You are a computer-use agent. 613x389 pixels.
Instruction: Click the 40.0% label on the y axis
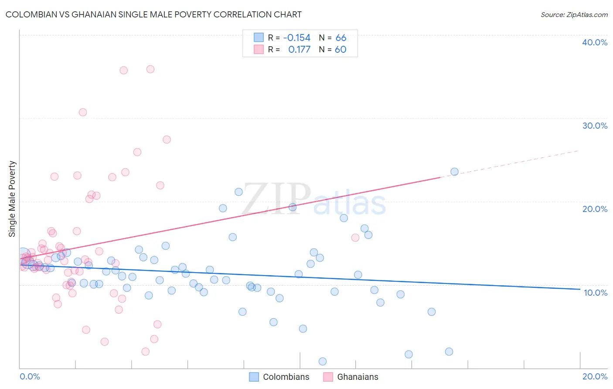595,42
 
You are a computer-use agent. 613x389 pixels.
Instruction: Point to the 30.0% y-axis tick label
595,126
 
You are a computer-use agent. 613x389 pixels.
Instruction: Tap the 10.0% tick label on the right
596,293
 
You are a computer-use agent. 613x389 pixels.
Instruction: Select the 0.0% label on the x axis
30,376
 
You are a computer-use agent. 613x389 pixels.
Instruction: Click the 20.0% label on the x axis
595,376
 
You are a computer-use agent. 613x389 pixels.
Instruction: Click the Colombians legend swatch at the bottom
254,377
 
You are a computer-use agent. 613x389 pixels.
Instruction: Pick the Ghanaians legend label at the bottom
358,377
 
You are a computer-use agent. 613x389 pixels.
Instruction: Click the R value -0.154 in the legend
296,38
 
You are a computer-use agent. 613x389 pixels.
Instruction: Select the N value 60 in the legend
341,50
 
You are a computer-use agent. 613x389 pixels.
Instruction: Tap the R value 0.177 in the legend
299,50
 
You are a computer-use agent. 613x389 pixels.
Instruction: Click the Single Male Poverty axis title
12,199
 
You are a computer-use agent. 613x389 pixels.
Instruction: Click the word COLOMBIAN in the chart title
31,14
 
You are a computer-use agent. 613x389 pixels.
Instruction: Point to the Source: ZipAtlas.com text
574,14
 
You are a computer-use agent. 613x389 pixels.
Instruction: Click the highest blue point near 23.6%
454,172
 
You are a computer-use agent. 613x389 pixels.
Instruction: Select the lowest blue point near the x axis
323,362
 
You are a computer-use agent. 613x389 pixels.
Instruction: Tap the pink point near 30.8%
83,113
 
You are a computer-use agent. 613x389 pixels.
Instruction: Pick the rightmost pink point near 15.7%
355,238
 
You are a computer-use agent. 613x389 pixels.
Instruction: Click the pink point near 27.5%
167,140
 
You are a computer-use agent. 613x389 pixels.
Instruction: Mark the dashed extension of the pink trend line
510,163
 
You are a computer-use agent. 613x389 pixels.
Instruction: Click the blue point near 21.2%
238,192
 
